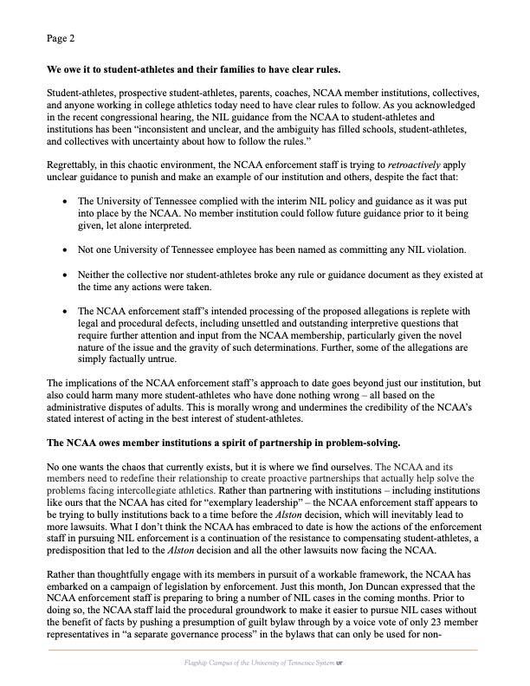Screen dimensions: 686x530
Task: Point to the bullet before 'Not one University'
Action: tap(68, 249)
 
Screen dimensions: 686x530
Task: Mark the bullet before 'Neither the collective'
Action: tap(68, 274)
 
